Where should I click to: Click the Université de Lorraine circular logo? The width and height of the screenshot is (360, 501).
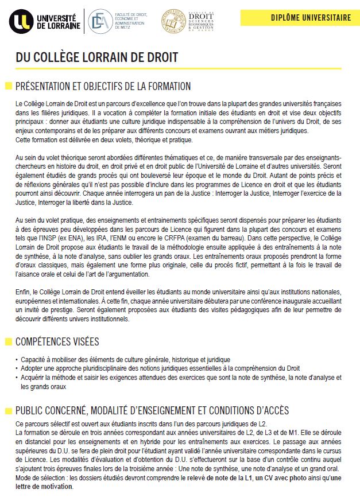coord(21,21)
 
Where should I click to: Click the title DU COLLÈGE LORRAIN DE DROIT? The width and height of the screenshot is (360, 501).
coord(96,58)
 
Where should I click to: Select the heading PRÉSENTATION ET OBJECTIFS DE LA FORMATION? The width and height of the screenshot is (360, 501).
coord(103,87)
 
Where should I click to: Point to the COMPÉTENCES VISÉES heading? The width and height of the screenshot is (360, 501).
coord(57,341)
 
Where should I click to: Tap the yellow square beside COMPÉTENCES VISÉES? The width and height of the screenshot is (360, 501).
coord(8,342)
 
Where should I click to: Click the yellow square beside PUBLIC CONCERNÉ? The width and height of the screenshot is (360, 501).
coord(8,411)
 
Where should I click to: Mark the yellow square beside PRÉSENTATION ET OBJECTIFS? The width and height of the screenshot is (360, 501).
coord(8,87)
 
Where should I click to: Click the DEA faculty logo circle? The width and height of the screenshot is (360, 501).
coord(101,21)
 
